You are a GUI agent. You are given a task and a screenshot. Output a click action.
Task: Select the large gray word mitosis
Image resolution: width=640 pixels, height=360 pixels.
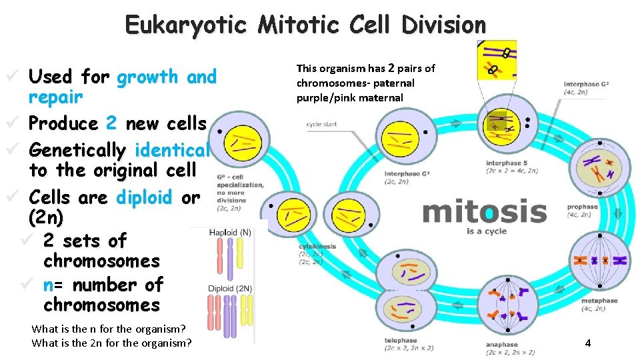tap(485, 211)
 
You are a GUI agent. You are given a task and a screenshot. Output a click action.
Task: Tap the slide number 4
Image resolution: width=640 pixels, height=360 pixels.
tap(587, 343)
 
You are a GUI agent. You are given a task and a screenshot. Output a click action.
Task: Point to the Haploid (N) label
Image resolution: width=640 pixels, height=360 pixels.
tap(230, 233)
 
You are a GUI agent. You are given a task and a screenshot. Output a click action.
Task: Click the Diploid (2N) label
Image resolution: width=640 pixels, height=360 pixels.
tap(230, 289)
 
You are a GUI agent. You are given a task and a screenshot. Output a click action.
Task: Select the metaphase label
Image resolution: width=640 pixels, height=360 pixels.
tap(599, 301)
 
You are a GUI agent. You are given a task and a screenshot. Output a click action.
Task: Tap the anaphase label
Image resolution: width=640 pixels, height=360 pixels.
tap(502, 345)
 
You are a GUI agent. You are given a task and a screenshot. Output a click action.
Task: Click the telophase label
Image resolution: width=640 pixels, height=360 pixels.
tap(401, 340)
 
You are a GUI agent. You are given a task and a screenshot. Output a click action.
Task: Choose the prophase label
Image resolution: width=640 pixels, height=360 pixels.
tap(583, 207)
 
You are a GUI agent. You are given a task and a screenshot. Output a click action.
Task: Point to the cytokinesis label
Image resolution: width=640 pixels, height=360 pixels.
tap(318, 246)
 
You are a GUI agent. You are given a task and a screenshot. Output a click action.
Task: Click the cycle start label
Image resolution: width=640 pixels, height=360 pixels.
tap(321, 124)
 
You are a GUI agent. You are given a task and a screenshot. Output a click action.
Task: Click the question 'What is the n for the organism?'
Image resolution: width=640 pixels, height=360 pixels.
tap(108, 329)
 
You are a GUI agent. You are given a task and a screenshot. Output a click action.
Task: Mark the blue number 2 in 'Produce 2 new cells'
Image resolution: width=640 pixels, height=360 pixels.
tap(111, 123)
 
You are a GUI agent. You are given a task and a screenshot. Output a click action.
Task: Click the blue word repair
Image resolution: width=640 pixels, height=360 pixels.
tap(55, 97)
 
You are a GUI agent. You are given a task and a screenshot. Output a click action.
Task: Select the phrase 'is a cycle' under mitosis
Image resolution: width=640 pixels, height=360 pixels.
tap(487, 231)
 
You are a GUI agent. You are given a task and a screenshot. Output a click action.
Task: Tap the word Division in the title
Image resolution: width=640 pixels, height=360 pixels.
tap(444, 25)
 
